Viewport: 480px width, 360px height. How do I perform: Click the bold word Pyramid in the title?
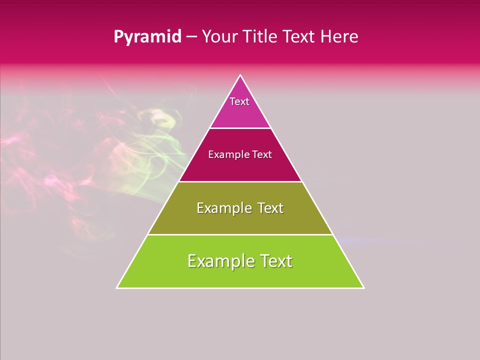pyautogui.click(x=147, y=37)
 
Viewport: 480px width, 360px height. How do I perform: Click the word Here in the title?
pyautogui.click(x=339, y=37)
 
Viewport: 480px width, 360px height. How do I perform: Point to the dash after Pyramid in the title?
pyautogui.click(x=191, y=37)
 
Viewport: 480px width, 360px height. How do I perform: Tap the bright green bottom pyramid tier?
pyautogui.click(x=240, y=275)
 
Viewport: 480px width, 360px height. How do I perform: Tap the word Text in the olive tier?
pyautogui.click(x=270, y=208)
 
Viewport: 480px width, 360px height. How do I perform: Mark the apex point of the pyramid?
pyautogui.click(x=240, y=75)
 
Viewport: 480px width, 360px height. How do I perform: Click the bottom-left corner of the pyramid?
pyautogui.click(x=117, y=287)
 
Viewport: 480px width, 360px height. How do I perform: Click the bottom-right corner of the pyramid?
pyautogui.click(x=363, y=287)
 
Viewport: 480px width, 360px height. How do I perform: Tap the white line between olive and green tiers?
pyautogui.click(x=240, y=234)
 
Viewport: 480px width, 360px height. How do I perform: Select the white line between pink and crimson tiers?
pyautogui.click(x=240, y=128)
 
